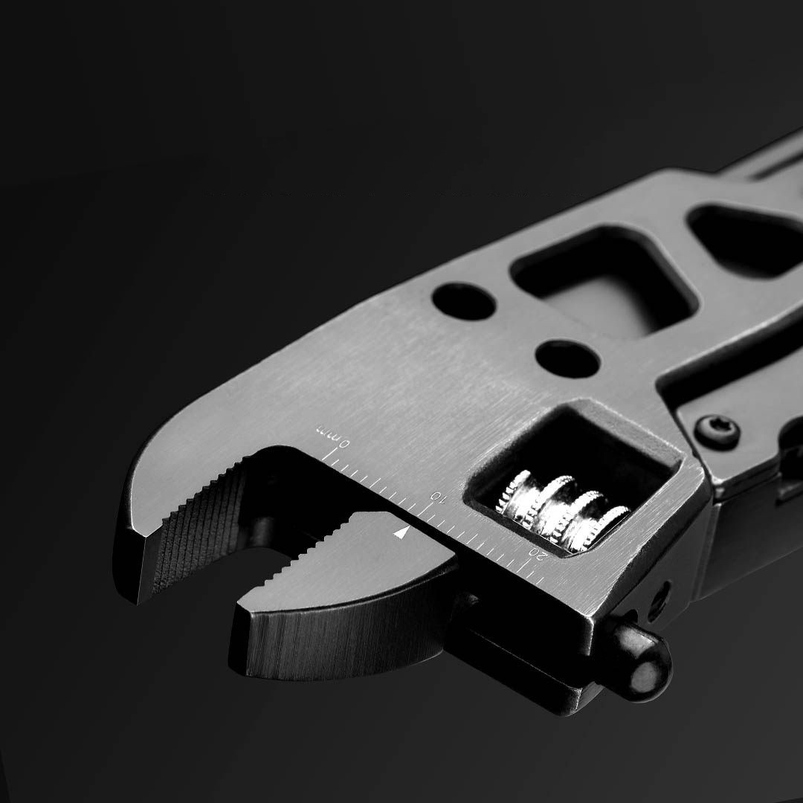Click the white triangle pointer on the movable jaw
click(402, 532)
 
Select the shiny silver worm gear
click(562, 510)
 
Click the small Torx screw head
click(717, 428)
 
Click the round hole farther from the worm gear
click(463, 300)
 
